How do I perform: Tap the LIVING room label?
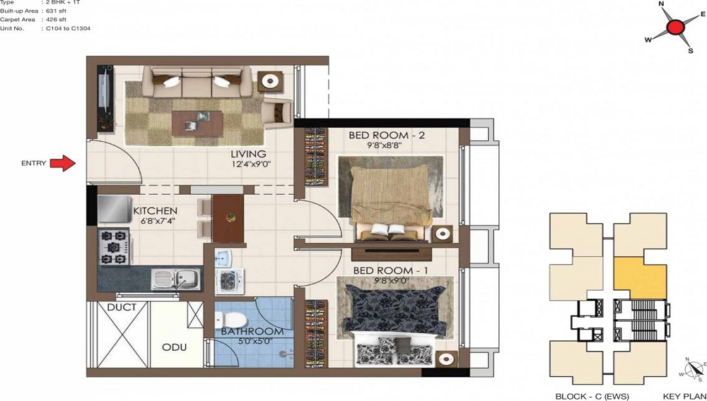point(247,154)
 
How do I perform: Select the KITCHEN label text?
point(155,211)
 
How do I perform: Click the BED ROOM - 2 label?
point(387,135)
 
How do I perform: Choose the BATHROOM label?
point(252,331)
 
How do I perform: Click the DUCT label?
point(122,308)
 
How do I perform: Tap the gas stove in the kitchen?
point(115,248)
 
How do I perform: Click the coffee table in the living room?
point(197,123)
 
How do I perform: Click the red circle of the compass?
point(674,28)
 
